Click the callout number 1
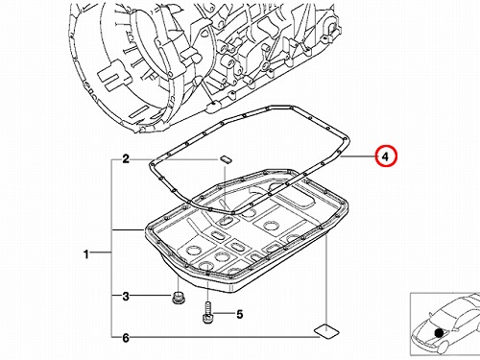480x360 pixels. pyautogui.click(x=85, y=254)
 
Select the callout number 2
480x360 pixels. pyautogui.click(x=126, y=158)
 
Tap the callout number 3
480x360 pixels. pyautogui.click(x=126, y=296)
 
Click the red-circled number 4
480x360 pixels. pyautogui.click(x=386, y=156)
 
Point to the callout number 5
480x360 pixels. pyautogui.click(x=240, y=314)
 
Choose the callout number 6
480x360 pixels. pyautogui.click(x=126, y=337)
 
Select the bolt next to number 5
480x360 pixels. pyautogui.click(x=207, y=312)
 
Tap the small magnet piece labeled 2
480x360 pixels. pyautogui.click(x=226, y=159)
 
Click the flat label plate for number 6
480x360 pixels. pyautogui.click(x=326, y=331)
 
